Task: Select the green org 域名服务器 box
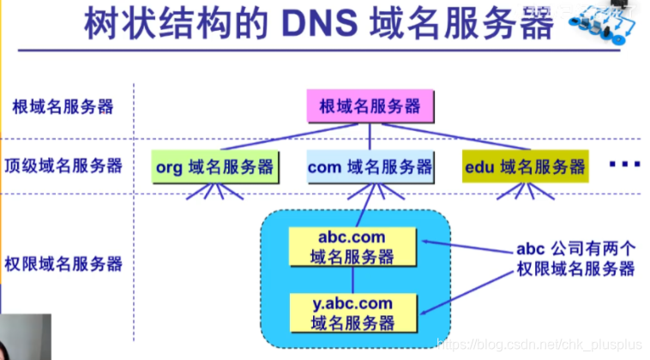(x=214, y=167)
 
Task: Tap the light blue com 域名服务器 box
(x=370, y=167)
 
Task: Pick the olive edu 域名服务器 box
(x=526, y=167)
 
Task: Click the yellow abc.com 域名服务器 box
(x=352, y=246)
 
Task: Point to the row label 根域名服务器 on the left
(x=63, y=107)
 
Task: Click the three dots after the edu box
(x=626, y=164)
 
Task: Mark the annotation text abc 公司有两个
(x=575, y=249)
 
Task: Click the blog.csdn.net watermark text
(x=537, y=344)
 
